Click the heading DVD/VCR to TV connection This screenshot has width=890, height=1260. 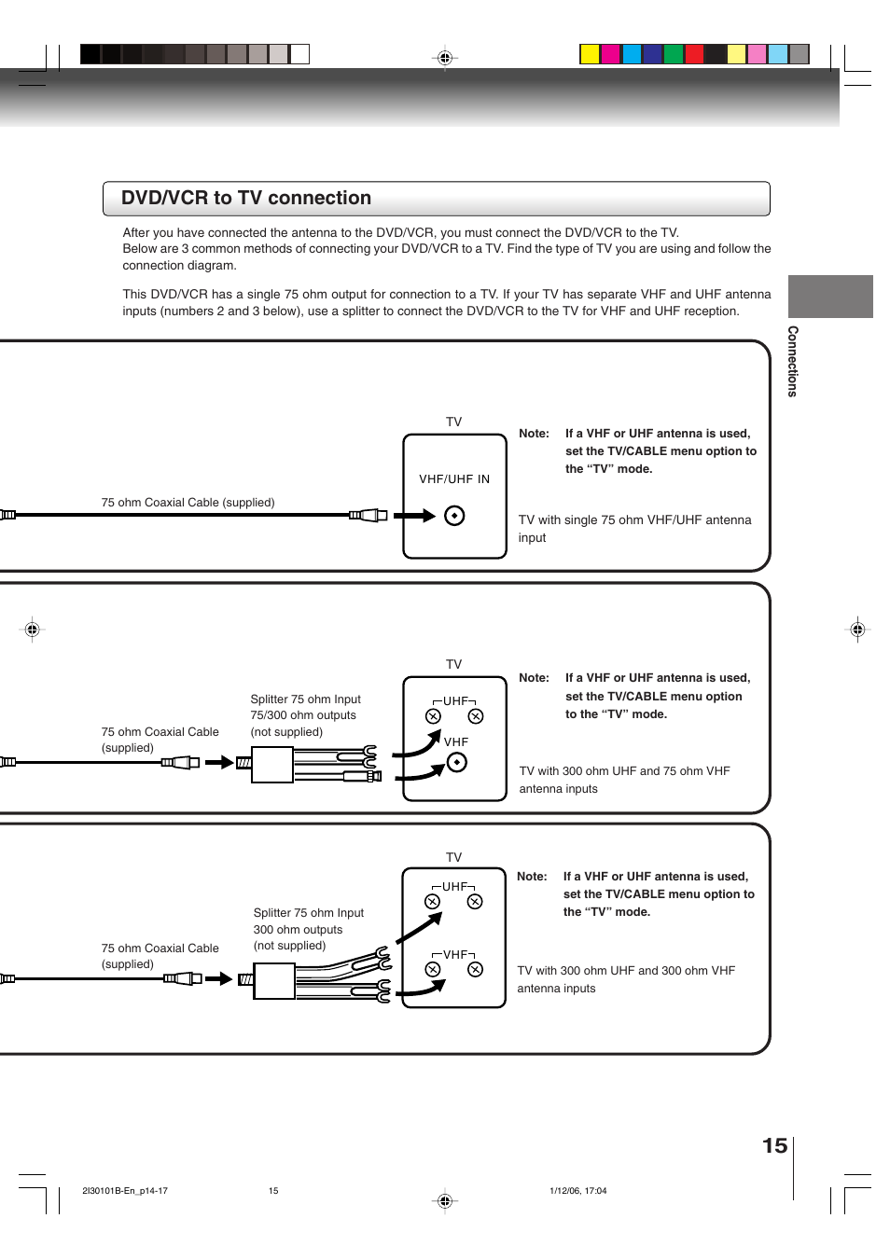[x=246, y=198]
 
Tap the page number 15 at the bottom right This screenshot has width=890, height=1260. [x=774, y=1145]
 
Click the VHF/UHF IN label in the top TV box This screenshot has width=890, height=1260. [x=454, y=479]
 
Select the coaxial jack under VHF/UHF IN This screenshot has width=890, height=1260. [x=454, y=516]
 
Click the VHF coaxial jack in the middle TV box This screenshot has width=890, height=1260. [x=456, y=763]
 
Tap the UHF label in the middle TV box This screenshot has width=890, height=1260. [x=455, y=701]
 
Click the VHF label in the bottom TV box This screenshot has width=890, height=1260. [x=454, y=955]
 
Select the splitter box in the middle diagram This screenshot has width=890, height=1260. [x=272, y=764]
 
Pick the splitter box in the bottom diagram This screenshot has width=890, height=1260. [x=274, y=980]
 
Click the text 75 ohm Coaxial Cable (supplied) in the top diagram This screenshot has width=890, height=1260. [x=188, y=503]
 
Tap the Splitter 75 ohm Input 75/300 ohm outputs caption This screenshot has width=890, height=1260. [x=305, y=715]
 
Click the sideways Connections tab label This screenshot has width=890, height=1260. [x=792, y=361]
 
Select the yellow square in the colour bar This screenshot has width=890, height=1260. [x=590, y=54]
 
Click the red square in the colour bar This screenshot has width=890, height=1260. [x=694, y=54]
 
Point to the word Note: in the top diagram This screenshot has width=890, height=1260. [x=534, y=434]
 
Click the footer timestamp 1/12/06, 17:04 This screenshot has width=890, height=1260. [x=577, y=1191]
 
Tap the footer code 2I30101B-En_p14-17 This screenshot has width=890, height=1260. [x=125, y=1191]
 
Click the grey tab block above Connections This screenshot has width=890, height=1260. [x=830, y=297]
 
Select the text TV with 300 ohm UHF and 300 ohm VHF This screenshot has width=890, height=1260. [x=626, y=971]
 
